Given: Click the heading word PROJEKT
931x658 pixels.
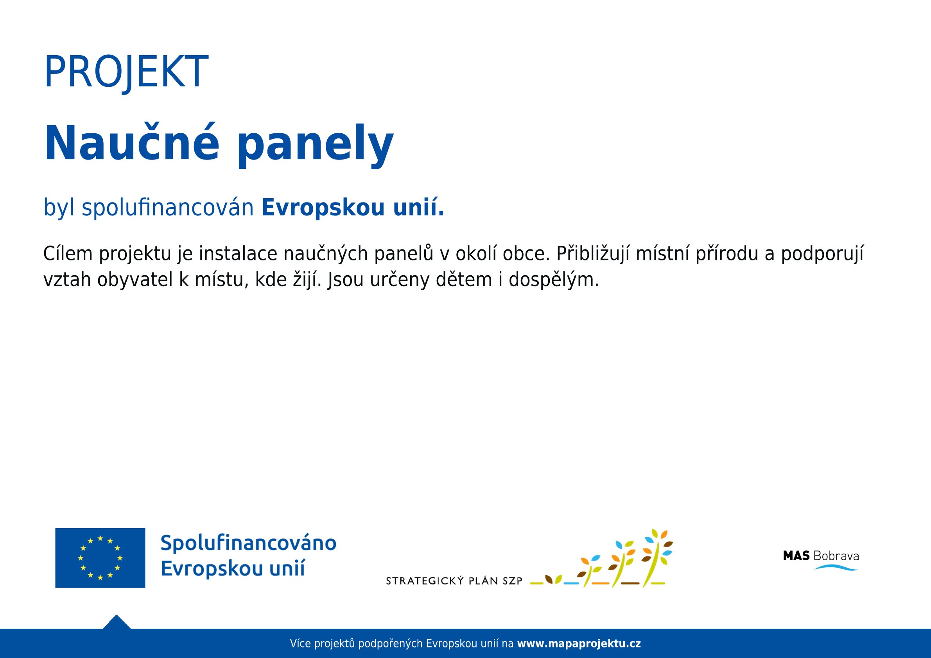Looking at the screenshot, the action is [126, 72].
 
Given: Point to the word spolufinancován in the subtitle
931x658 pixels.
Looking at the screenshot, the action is [167, 208].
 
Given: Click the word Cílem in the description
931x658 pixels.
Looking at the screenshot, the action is [68, 253].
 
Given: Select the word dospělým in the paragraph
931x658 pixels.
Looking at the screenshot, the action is [554, 280].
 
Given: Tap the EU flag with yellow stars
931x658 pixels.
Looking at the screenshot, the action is [100, 558].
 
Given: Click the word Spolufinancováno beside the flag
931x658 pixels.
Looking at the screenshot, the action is [249, 543].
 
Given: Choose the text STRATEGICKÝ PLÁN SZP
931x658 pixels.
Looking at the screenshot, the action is [454, 581].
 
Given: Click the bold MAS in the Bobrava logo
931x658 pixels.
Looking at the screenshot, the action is [796, 556].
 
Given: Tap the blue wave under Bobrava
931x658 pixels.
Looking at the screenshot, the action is [836, 567].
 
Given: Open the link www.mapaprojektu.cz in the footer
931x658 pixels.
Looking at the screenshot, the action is [579, 644].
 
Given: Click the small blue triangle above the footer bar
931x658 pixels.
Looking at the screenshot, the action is [117, 622].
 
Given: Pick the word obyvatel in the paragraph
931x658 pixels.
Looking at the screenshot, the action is [135, 280].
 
